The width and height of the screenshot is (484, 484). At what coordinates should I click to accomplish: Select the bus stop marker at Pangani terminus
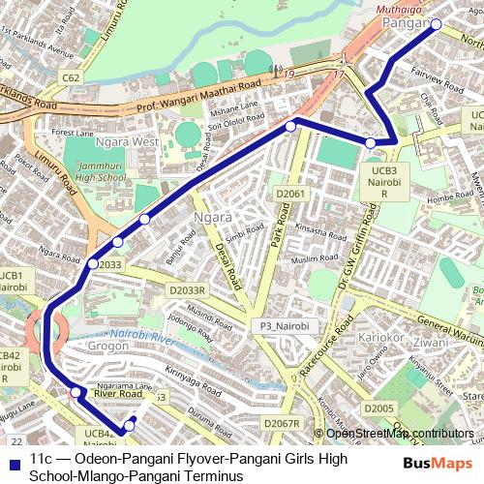[436, 24]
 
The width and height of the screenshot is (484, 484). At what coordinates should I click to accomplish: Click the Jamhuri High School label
[100, 172]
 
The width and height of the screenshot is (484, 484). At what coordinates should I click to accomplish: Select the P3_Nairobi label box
[277, 326]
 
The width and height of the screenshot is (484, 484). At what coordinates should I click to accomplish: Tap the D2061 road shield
[289, 195]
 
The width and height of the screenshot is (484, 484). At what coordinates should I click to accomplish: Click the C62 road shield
[71, 76]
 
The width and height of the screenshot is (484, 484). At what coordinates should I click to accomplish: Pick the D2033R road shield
[187, 289]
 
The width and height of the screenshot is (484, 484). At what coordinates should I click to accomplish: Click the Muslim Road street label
[317, 259]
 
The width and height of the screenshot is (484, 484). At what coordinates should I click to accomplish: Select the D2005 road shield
[379, 409]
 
